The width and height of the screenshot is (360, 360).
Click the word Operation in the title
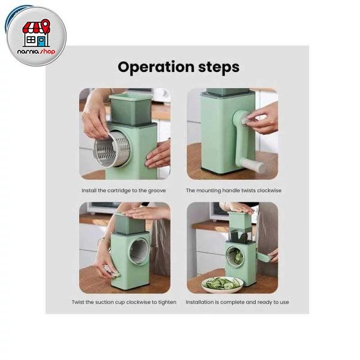click(156, 67)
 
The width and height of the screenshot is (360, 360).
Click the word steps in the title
click(219, 67)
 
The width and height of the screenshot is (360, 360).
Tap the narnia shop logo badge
click(36, 36)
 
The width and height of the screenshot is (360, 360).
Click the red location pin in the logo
click(46, 25)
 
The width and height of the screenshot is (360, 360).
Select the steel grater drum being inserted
click(112, 149)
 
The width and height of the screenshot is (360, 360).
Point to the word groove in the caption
click(157, 191)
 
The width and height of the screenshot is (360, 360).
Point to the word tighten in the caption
click(167, 302)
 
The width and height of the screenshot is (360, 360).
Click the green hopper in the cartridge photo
click(130, 109)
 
